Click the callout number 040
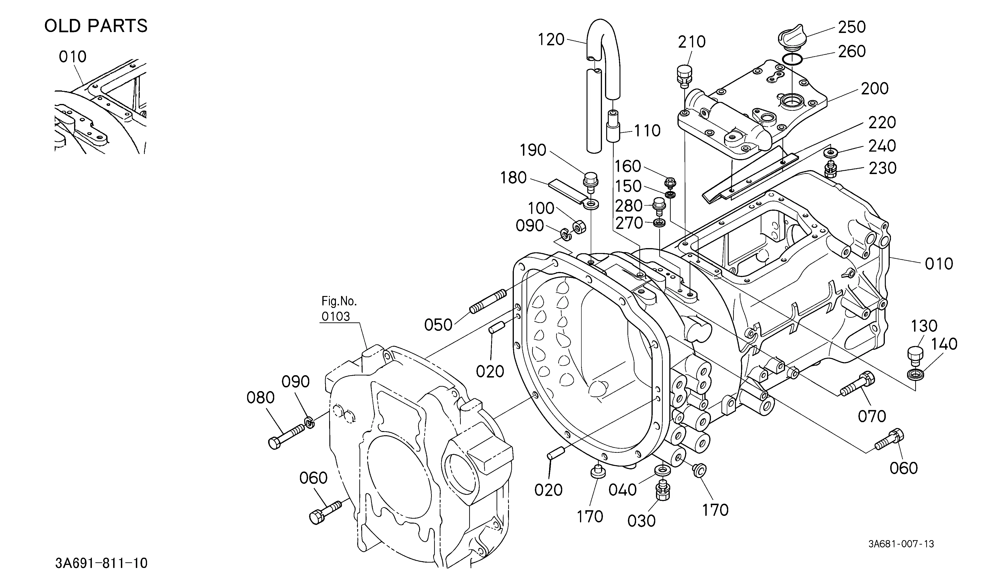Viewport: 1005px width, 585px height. (623, 490)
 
